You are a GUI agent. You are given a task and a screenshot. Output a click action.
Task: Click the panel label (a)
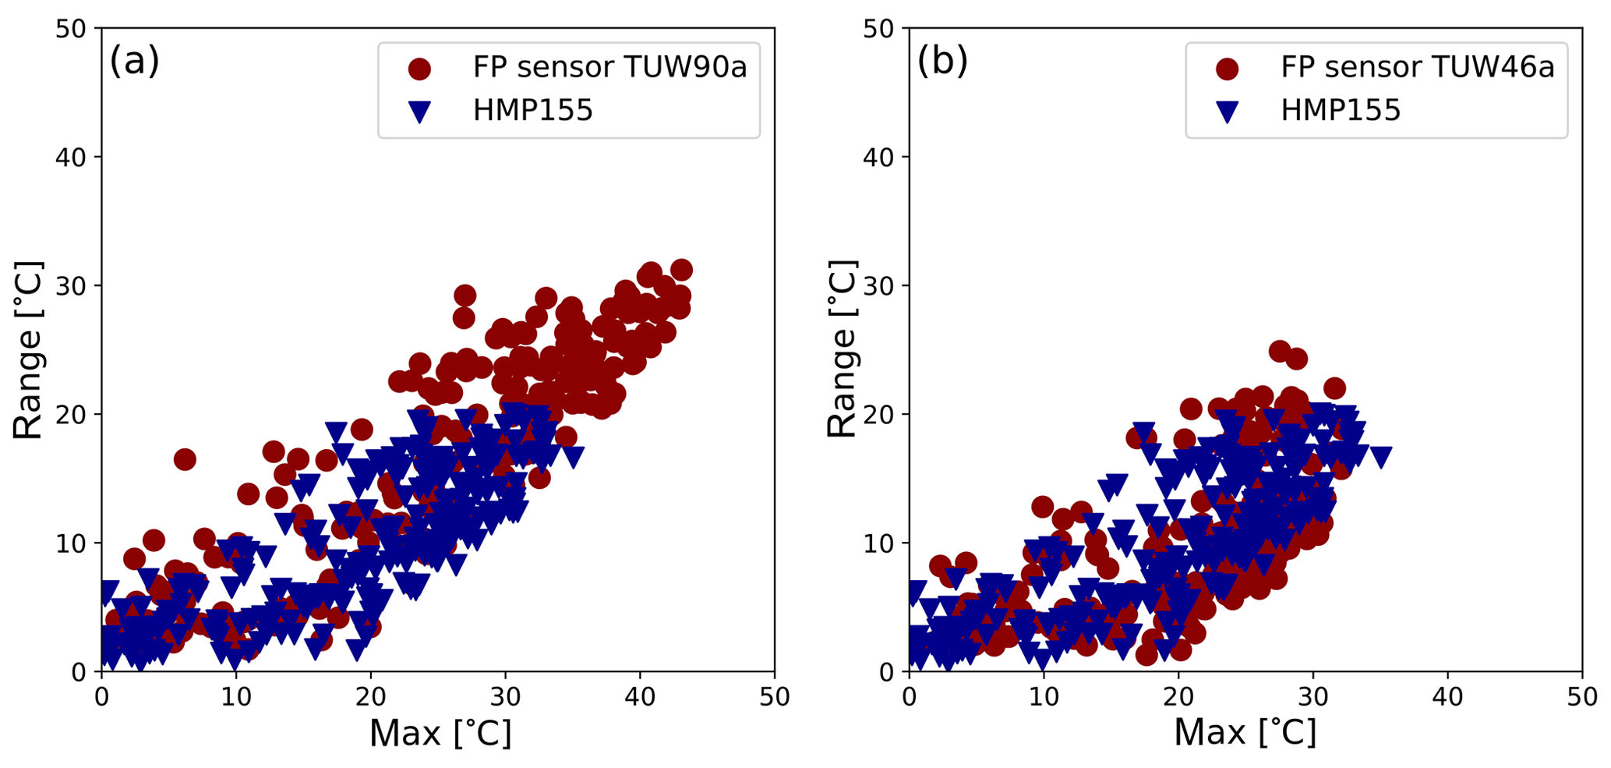pos(134,60)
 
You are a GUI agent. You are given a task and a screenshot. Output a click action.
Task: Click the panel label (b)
pos(942,60)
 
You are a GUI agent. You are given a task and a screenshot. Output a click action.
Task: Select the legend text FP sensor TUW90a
pos(609,68)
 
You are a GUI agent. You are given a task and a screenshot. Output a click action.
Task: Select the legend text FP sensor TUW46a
pos(1417,68)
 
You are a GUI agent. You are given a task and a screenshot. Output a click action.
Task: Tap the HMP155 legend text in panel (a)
pos(533,111)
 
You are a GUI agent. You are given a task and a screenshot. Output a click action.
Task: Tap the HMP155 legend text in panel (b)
pos(1341,111)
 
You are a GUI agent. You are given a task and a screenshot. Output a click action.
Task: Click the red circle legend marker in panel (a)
pos(419,69)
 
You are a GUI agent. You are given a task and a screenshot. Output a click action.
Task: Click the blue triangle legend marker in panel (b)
pos(1227,112)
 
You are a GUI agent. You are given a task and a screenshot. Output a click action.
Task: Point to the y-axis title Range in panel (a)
pos(28,350)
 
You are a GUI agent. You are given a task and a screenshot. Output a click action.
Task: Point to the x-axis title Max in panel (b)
pos(1245,733)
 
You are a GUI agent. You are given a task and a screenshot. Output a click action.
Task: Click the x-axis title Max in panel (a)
pos(440,733)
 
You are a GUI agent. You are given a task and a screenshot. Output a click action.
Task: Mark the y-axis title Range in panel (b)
pos(842,350)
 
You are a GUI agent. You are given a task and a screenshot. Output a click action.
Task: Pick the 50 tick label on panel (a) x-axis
pos(773,697)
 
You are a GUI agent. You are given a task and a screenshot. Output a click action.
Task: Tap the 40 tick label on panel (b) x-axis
pos(1447,697)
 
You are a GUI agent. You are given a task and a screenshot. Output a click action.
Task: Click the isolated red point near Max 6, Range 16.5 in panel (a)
pos(185,459)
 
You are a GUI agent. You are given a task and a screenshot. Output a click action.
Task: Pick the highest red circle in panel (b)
pos(1280,351)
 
